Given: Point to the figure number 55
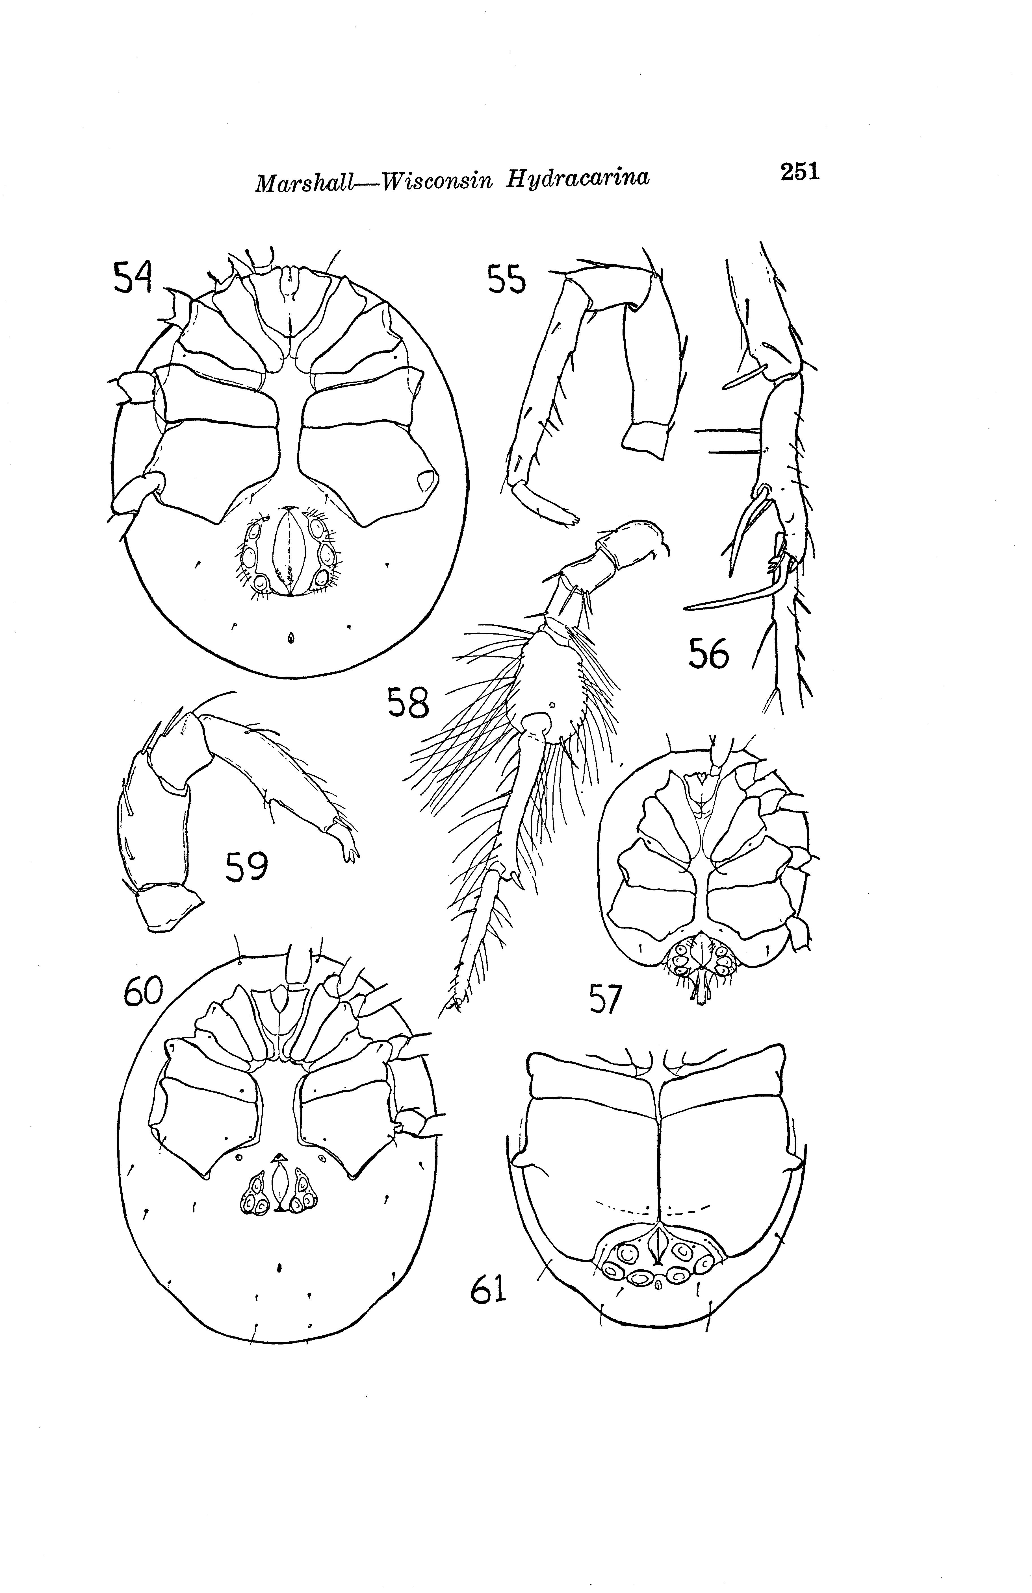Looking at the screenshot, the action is point(506,280).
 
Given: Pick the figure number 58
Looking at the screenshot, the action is point(408,703).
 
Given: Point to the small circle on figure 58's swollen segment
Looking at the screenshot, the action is point(552,704).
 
